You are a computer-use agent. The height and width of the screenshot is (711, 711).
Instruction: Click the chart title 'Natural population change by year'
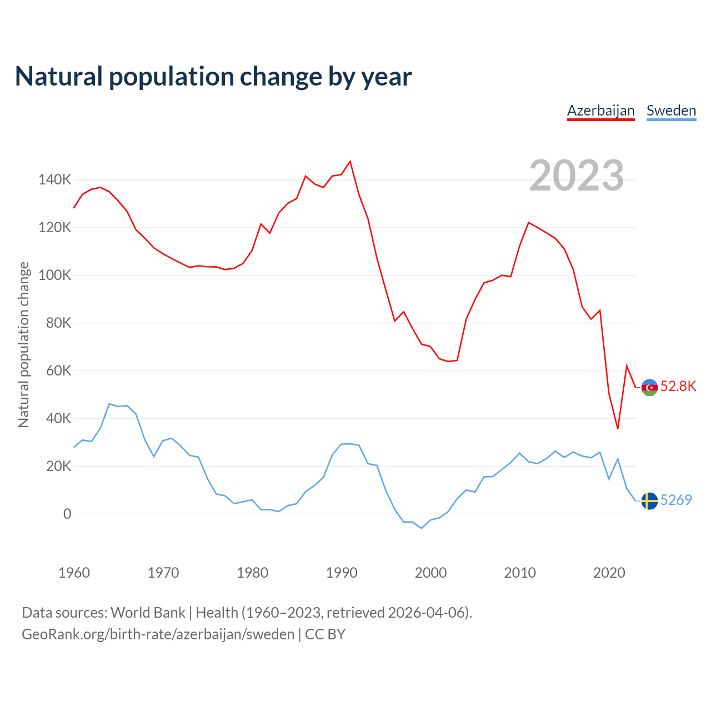(213, 77)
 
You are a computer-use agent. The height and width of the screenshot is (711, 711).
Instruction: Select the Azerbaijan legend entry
(600, 111)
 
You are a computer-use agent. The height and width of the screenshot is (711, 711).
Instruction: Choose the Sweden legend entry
(671, 111)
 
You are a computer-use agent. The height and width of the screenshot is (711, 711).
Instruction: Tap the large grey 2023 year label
(577, 176)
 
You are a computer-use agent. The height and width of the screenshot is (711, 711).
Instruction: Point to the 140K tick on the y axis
(54, 180)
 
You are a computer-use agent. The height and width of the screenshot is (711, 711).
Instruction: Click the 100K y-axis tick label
(54, 276)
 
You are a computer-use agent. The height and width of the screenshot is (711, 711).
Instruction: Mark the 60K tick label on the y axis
(58, 370)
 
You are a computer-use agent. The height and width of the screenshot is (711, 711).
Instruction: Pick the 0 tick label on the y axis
(67, 514)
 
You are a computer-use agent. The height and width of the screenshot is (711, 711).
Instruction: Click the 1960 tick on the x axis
(74, 573)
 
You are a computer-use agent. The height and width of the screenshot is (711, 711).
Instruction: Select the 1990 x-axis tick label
(342, 573)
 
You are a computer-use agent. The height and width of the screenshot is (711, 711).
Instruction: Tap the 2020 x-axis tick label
(609, 573)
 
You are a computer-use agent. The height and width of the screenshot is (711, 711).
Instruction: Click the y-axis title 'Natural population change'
(24, 344)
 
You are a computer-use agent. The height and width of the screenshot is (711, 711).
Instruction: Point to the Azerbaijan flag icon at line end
(649, 387)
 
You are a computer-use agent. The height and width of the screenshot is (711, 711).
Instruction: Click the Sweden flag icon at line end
(649, 501)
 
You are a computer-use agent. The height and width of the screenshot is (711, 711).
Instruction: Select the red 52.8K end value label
(678, 387)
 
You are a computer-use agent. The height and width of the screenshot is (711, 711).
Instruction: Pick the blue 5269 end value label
(676, 500)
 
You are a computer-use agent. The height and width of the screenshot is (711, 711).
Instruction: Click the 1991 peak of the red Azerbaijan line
(350, 162)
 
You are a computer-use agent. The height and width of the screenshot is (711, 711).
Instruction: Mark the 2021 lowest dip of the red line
(618, 428)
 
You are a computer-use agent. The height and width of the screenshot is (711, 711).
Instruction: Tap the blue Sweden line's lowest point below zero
(422, 528)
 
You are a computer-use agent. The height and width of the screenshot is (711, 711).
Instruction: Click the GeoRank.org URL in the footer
(158, 634)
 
